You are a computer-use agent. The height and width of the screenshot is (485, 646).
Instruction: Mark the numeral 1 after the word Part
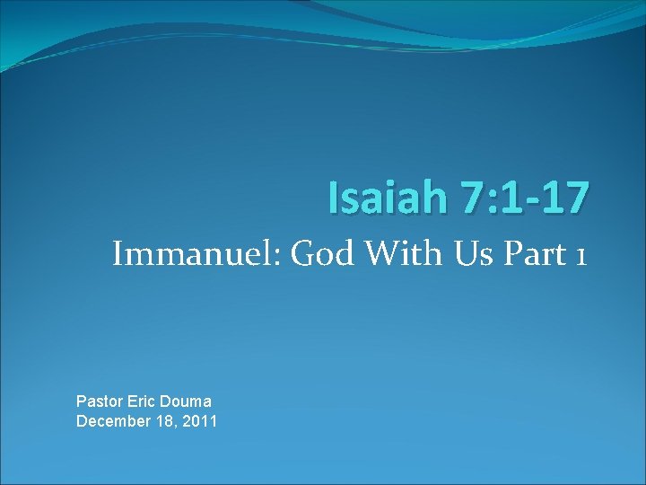(x=581, y=257)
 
